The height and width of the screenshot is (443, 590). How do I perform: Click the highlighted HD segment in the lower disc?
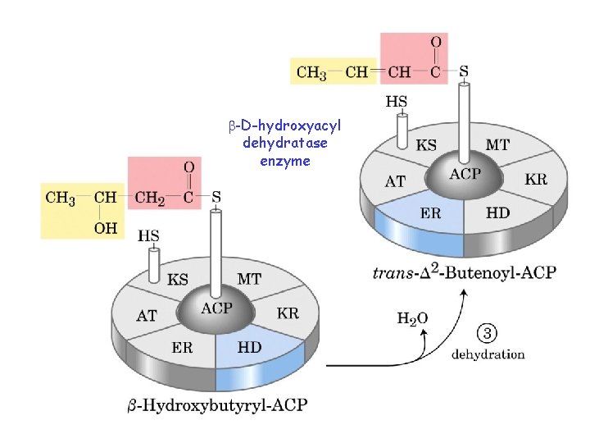(x=250, y=349)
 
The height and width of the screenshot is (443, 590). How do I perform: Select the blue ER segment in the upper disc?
(x=430, y=214)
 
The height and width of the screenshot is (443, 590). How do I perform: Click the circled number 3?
(x=486, y=334)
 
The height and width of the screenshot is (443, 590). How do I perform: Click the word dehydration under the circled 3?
(x=488, y=355)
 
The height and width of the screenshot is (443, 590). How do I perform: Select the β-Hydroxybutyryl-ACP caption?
(x=218, y=404)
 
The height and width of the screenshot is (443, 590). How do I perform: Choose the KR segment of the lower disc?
(x=288, y=313)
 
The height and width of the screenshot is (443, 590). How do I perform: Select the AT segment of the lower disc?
(x=147, y=314)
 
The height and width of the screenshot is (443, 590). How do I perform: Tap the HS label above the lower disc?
(x=148, y=235)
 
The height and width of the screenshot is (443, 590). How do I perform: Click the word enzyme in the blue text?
(x=284, y=161)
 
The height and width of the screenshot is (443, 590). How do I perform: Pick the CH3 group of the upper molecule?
(x=311, y=72)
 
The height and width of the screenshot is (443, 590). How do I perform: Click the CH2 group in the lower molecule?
(x=149, y=197)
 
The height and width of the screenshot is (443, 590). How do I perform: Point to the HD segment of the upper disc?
(x=497, y=212)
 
